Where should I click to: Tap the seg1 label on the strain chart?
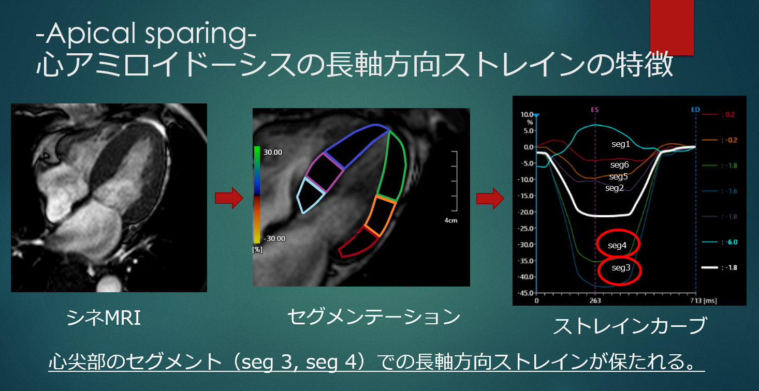tap(620, 144)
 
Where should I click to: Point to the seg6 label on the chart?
tap(619, 165)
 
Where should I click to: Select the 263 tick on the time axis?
tap(595, 300)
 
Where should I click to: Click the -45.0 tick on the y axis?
tap(525, 293)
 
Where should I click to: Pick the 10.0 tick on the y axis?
tap(527, 114)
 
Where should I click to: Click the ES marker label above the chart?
tap(595, 110)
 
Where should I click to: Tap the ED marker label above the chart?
tap(695, 110)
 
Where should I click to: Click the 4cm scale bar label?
tap(450, 220)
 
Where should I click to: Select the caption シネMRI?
tap(103, 318)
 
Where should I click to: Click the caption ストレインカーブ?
tap(630, 326)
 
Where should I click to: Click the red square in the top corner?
tap(672, 27)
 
